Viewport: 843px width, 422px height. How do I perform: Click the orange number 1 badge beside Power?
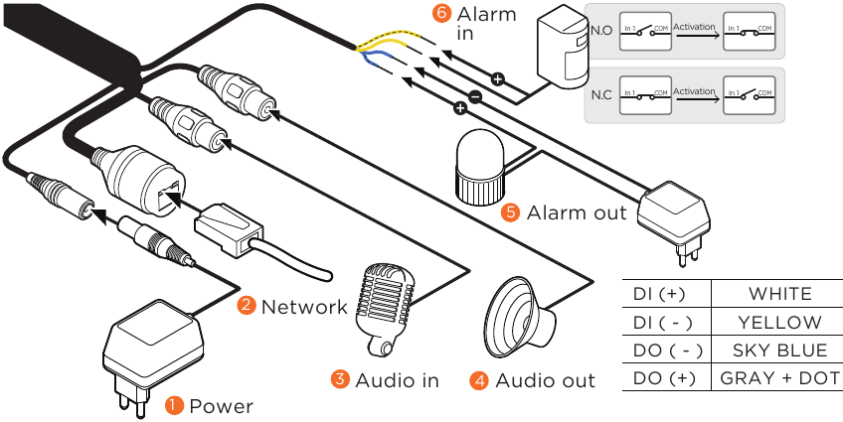point(174,405)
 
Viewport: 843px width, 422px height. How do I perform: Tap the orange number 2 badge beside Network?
point(247,306)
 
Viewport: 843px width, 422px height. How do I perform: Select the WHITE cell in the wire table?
point(779,294)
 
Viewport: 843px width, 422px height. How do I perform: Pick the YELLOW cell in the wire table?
point(779,323)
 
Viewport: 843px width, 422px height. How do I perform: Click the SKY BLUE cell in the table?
point(779,351)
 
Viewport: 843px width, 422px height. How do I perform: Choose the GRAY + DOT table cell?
point(779,379)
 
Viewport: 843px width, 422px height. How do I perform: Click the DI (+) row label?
point(659,294)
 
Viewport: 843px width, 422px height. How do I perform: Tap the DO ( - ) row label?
point(659,351)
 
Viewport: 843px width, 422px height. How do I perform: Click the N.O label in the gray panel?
point(600,31)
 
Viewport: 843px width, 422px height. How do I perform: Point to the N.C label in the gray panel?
point(600,95)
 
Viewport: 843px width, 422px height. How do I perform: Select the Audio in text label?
point(397,379)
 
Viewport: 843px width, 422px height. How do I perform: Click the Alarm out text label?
point(577,212)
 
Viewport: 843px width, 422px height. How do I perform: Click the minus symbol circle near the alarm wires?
point(475,97)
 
